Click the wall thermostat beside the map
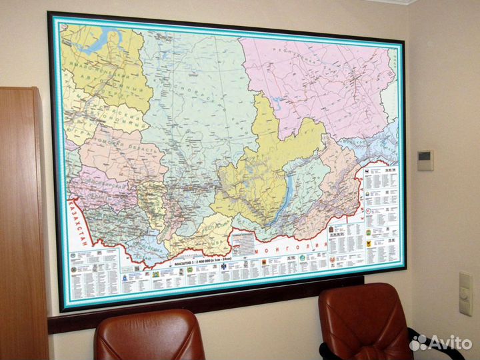(x=425, y=159)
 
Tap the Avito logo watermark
(x=441, y=343)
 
